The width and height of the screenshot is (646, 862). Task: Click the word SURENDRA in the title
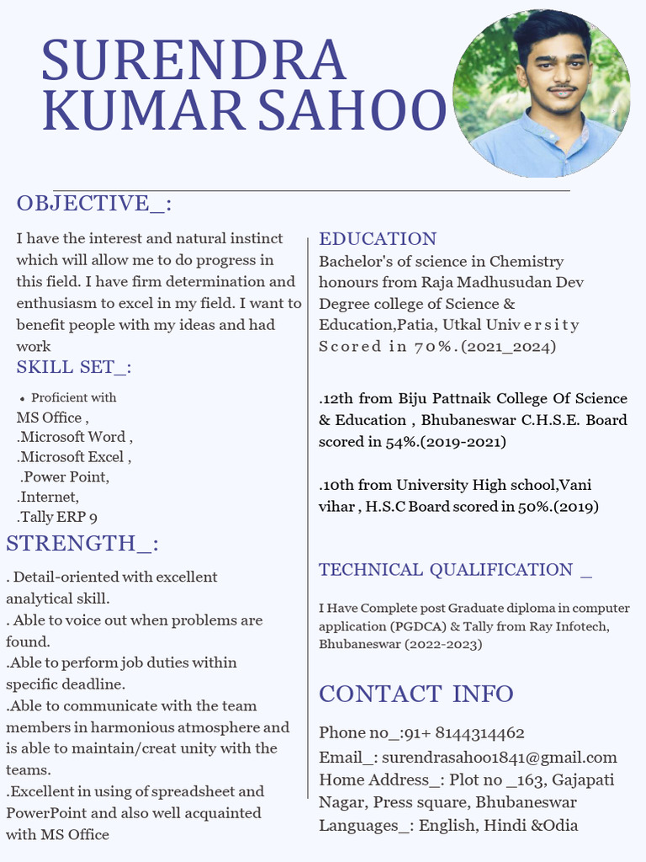pos(193,61)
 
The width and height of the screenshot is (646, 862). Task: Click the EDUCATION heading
pos(378,239)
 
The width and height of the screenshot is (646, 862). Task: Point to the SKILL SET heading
pos(74,367)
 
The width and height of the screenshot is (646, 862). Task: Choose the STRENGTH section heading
pos(82,543)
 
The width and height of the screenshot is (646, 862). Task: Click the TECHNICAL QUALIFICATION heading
pos(455,570)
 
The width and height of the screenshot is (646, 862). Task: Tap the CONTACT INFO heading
pos(416,694)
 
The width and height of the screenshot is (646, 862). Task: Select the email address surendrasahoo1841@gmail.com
pos(500,758)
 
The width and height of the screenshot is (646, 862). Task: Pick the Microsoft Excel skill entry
pos(74,457)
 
